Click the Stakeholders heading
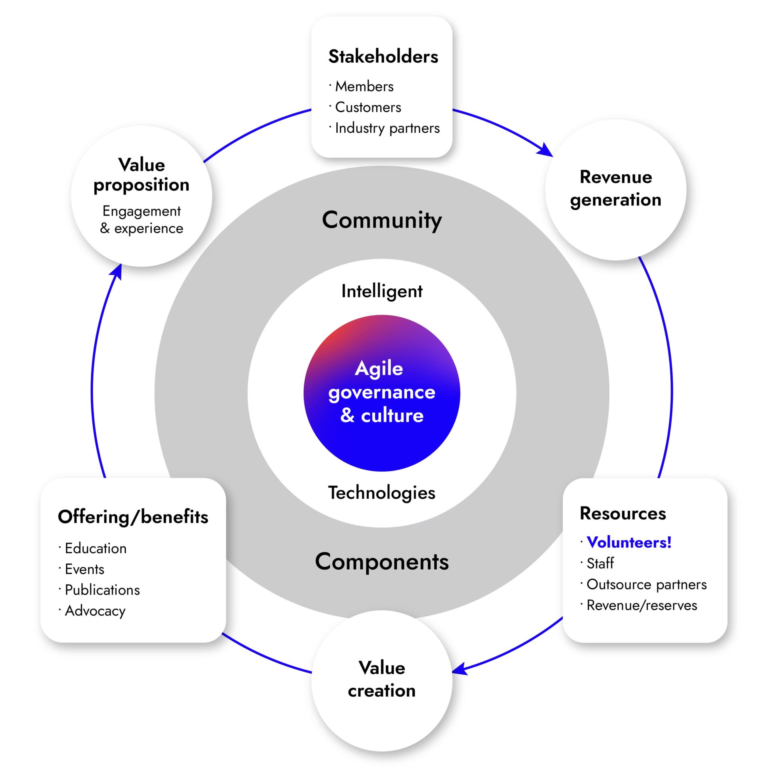click(383, 56)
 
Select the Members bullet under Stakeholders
click(364, 86)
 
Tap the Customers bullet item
click(368, 107)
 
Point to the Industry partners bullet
click(387, 128)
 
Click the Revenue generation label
click(615, 188)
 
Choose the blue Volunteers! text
click(628, 542)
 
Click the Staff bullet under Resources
click(600, 563)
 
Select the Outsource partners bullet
click(646, 584)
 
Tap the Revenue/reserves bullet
click(641, 605)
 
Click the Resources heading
click(622, 513)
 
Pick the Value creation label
click(382, 679)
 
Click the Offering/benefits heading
click(133, 517)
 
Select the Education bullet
click(96, 548)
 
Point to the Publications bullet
click(102, 590)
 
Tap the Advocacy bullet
click(95, 611)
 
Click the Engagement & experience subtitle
click(142, 220)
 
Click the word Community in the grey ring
click(382, 220)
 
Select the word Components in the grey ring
click(382, 562)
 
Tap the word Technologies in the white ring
click(382, 492)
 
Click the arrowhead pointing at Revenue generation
click(546, 151)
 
